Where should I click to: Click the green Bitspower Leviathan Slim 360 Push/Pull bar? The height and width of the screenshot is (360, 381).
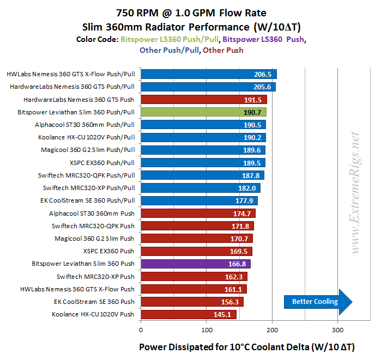203,112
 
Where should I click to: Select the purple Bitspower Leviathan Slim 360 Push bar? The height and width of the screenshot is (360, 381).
196,264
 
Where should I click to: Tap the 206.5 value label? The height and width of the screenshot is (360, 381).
263,75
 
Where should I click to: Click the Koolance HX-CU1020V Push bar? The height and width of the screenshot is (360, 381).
189,314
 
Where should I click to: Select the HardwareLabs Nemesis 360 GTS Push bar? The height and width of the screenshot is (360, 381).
204,100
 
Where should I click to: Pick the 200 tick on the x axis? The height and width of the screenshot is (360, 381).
273,330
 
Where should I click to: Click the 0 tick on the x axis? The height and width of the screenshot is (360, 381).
141,330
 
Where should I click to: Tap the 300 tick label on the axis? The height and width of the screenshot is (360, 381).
338,330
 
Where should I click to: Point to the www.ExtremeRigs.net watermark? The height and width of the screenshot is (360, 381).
356,193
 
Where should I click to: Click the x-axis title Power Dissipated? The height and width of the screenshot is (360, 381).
254,347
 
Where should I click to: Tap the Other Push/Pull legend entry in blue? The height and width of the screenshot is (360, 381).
169,50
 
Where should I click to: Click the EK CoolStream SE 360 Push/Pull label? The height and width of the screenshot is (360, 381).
88,200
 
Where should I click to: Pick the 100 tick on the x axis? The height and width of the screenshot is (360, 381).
207,330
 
